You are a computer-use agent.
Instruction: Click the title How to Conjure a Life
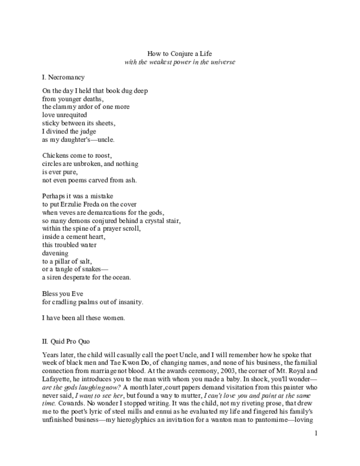(180, 54)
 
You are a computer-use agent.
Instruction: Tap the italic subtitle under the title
(180, 62)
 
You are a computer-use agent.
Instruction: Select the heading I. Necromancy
(63, 77)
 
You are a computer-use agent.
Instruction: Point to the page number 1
(316, 433)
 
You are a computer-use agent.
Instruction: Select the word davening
(55, 253)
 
